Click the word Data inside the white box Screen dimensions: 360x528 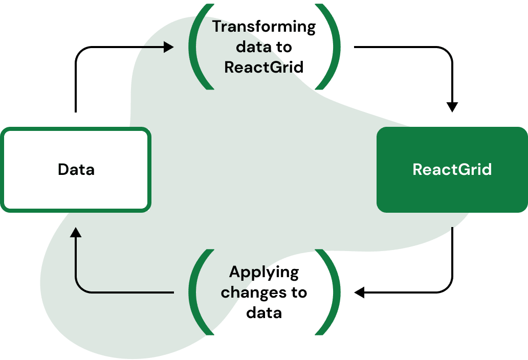(x=76, y=169)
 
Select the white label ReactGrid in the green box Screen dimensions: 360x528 (x=452, y=169)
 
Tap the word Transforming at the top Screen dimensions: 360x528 (x=264, y=27)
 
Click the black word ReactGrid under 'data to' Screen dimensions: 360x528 (x=264, y=67)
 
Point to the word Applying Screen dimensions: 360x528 (x=264, y=272)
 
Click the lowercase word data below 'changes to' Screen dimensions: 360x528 (x=264, y=312)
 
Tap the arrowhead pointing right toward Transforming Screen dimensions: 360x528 (x=169, y=47)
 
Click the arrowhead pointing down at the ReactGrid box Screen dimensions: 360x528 (x=452, y=107)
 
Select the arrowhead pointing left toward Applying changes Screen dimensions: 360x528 (x=359, y=292)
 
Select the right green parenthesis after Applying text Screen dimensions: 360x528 (x=332, y=292)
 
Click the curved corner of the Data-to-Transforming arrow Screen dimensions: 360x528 (x=79, y=51)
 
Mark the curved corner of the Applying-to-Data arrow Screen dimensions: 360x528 (x=79, y=289)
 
